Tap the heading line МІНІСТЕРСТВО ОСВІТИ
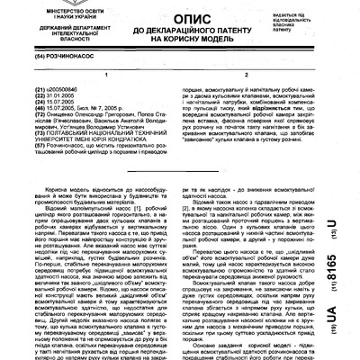(x=50, y=8)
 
